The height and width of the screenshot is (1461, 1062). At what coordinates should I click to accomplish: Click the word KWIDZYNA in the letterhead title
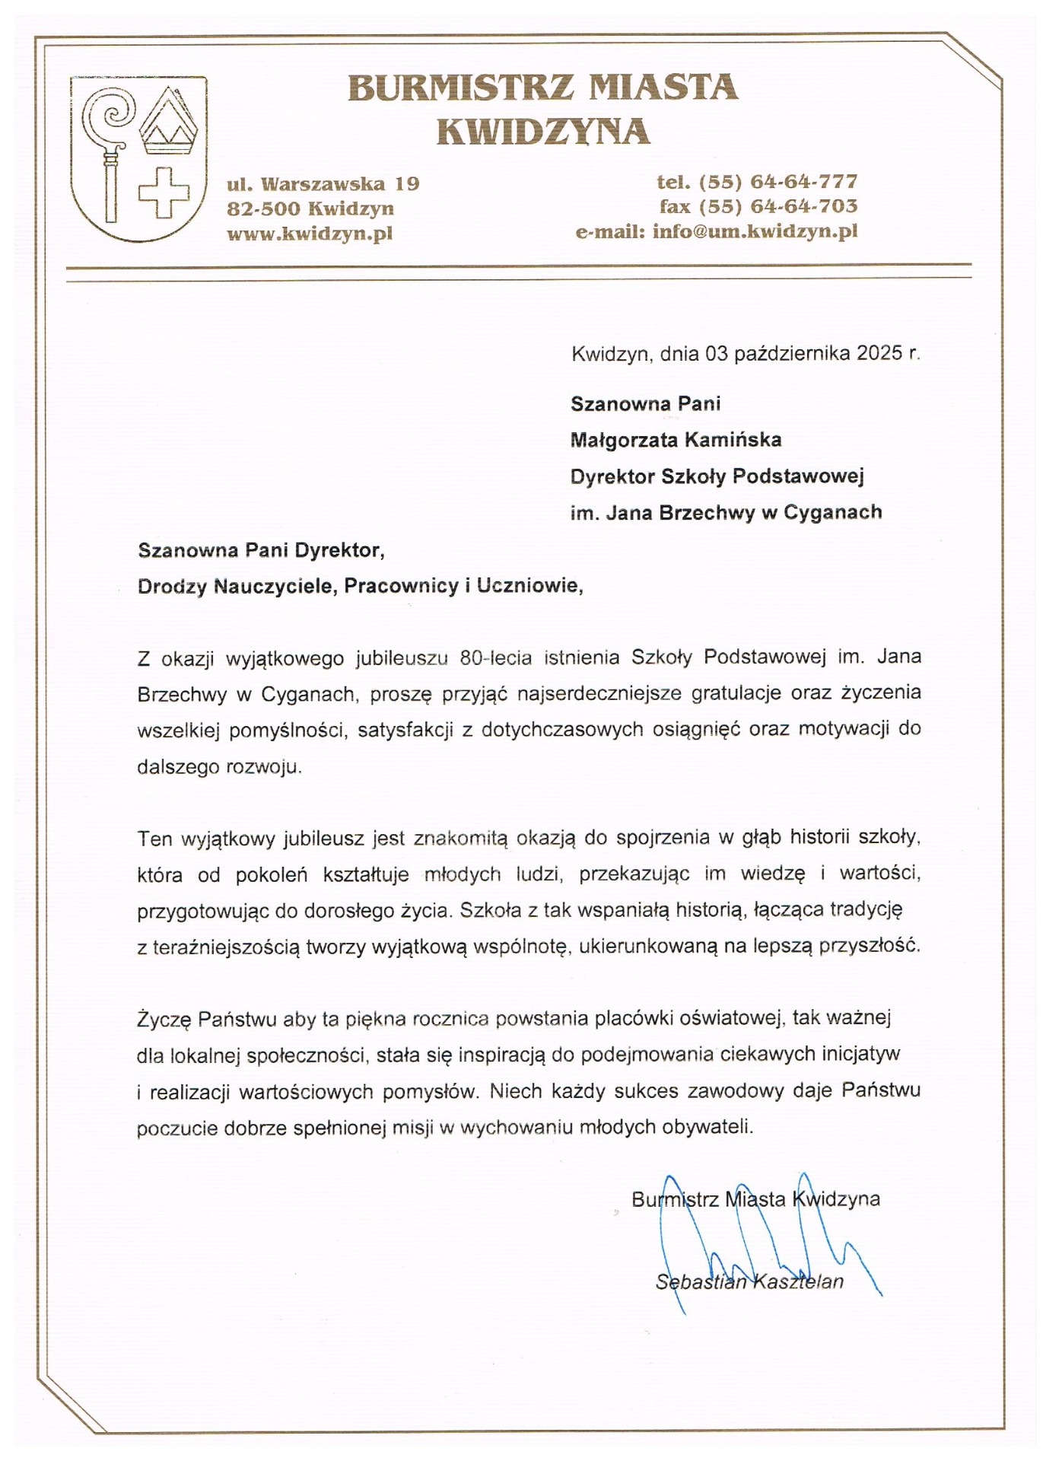[x=543, y=132]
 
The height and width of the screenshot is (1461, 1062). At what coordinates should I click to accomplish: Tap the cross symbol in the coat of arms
[x=164, y=193]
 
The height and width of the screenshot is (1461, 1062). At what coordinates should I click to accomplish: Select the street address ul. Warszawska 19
[x=323, y=184]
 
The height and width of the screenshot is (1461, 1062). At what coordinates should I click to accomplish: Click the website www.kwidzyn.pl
[x=310, y=234]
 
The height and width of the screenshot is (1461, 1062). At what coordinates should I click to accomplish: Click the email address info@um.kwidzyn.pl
[x=755, y=231]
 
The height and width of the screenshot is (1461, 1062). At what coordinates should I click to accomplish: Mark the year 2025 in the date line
[x=879, y=353]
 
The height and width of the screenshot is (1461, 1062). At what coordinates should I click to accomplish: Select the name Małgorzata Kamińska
[x=676, y=440]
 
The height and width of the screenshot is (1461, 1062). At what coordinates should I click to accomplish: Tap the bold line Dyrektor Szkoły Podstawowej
[x=717, y=477]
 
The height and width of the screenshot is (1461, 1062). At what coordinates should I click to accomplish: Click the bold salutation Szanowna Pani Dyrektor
[x=260, y=550]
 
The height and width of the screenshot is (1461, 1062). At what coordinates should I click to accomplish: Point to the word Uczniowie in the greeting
[x=529, y=586]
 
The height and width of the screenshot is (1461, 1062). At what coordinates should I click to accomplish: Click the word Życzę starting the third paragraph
[x=164, y=1020]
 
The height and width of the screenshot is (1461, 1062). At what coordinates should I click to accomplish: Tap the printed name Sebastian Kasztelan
[x=749, y=1282]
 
